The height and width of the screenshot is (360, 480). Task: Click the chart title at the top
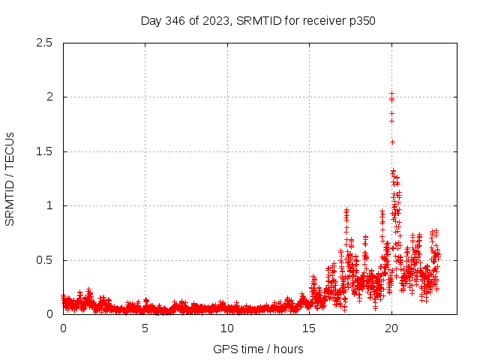pos(258,20)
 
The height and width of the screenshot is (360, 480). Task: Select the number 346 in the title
pos(175,20)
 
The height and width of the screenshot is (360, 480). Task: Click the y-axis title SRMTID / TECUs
pos(10,178)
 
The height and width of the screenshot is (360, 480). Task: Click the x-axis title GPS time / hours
pos(258,349)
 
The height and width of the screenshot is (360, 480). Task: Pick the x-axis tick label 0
pos(63,328)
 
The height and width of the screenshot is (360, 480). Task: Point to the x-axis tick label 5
pos(145,328)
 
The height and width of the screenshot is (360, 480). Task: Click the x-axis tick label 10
pos(227,328)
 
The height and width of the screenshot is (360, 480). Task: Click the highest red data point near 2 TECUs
pos(391,93)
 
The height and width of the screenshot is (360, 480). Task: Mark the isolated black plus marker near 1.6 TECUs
pos(392,142)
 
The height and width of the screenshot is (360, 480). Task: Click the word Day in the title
pos(151,20)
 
